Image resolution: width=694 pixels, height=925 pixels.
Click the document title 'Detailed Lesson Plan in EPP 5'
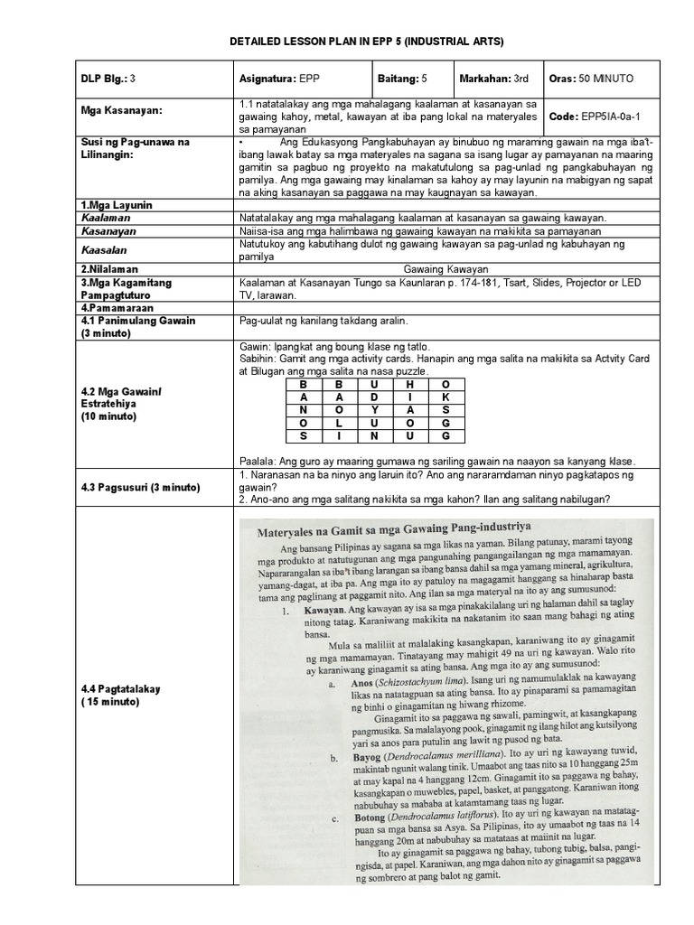coord(347,42)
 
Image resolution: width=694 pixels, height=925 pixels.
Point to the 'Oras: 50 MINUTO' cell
coord(597,78)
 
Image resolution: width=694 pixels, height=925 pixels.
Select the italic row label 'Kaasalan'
coord(101,248)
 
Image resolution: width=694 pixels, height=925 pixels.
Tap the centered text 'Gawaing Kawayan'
coord(445,268)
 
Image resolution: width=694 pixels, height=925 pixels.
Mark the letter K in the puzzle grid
coord(444,397)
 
